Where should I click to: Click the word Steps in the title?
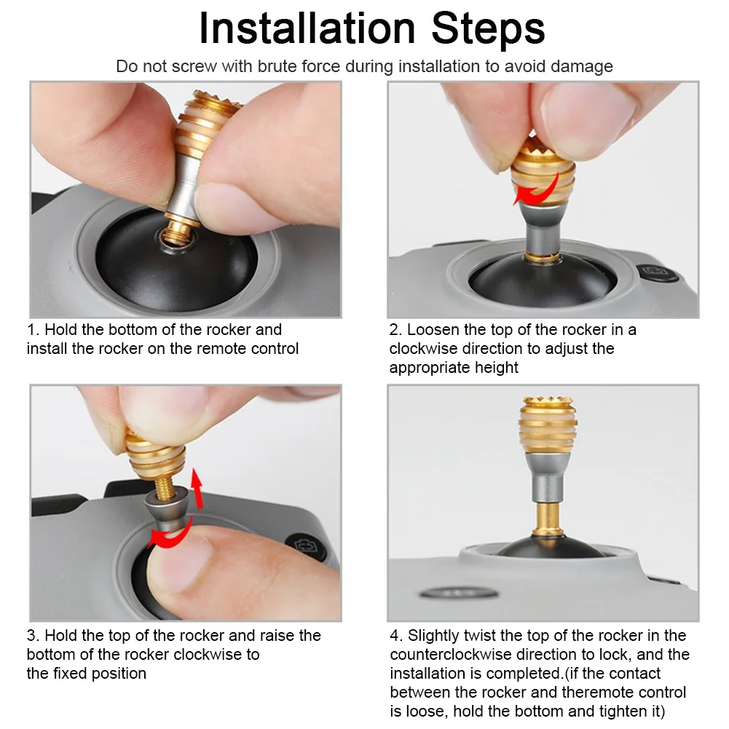click(x=488, y=29)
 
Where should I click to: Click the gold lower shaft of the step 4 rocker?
click(x=547, y=519)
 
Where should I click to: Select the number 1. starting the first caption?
click(x=33, y=329)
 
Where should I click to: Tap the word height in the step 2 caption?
click(x=496, y=367)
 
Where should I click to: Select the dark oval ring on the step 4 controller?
click(x=458, y=593)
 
